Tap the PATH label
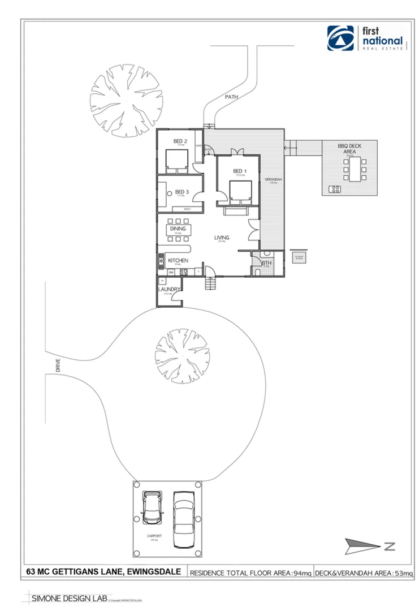[231, 97]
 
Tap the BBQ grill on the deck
[334, 188]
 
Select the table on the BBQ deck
[355, 169]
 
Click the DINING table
[178, 230]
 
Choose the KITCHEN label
[178, 260]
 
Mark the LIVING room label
[221, 238]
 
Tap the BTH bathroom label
[265, 263]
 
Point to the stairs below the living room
[211, 283]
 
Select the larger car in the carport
[184, 519]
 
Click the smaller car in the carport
[152, 507]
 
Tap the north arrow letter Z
[389, 547]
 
